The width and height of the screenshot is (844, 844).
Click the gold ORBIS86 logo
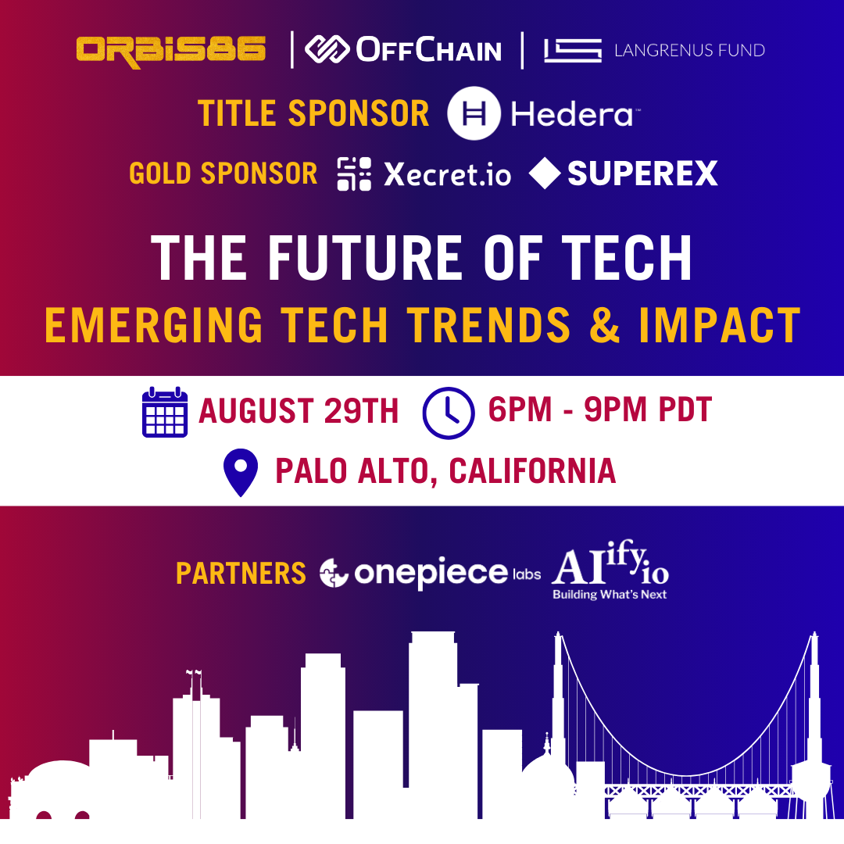pos(171,51)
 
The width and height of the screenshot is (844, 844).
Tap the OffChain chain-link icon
pos(327,49)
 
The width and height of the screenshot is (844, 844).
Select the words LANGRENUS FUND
pos(689,51)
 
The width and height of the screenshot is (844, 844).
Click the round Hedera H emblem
pos(474,113)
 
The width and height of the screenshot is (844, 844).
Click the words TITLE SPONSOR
pos(313,113)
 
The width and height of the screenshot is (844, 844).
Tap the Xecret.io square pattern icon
pos(354,173)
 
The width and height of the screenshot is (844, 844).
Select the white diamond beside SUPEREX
pos(545,173)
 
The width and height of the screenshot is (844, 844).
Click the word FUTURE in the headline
pos(365,258)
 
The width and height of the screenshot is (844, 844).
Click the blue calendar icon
pos(165,412)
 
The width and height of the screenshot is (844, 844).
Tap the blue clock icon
pos(449,413)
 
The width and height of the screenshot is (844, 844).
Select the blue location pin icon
pos(241,472)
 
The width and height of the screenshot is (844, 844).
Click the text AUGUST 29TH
pos(299,411)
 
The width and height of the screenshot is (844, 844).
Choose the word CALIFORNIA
pos(532,471)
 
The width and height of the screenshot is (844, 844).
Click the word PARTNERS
pos(241,574)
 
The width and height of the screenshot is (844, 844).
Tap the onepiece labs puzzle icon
pos(334,573)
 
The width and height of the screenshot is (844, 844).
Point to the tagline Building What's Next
pos(610,595)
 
